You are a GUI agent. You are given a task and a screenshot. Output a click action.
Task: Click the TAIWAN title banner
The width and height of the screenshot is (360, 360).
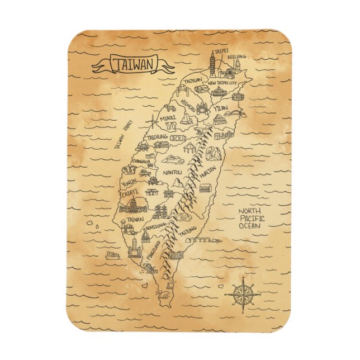point(133,64)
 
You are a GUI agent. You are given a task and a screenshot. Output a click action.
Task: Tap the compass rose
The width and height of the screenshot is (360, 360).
point(243,293)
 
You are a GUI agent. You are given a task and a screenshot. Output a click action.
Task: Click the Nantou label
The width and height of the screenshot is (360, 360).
point(172,173)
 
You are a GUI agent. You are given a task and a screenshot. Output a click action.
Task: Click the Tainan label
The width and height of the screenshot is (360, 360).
point(135,220)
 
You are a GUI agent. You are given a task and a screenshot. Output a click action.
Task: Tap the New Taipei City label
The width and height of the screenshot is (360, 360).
point(223,83)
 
